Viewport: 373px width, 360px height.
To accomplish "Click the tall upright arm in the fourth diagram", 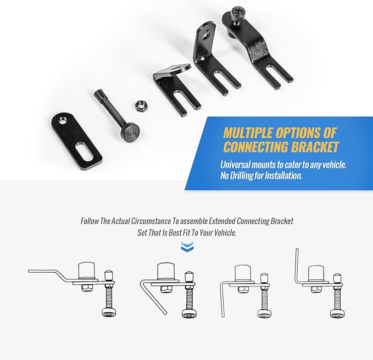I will pyautogui.click(x=297, y=263).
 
